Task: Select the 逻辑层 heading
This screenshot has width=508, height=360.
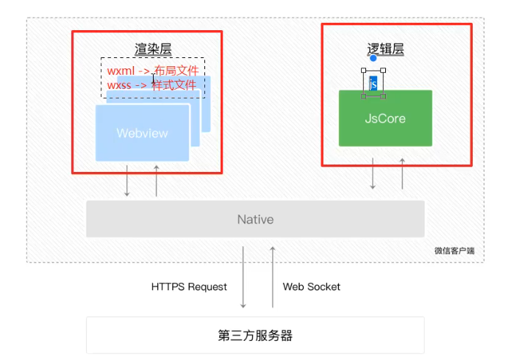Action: click(385, 49)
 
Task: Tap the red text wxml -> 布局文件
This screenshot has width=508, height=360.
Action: click(152, 71)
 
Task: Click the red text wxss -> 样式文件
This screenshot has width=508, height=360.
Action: click(152, 85)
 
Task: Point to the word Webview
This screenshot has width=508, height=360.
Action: click(142, 133)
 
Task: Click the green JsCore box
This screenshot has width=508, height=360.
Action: click(384, 118)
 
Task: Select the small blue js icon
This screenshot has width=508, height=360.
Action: click(373, 84)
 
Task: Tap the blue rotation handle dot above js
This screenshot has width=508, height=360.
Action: click(373, 58)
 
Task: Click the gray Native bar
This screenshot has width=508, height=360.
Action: click(255, 219)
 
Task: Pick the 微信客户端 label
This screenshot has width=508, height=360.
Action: click(454, 251)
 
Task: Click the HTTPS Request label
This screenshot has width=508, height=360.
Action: click(189, 287)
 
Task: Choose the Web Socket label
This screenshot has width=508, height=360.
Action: click(312, 287)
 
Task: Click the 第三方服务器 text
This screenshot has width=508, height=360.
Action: click(255, 336)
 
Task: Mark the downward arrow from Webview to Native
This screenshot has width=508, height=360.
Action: click(127, 181)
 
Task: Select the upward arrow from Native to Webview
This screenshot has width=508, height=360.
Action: click(157, 181)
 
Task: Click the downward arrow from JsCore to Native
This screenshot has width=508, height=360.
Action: click(373, 173)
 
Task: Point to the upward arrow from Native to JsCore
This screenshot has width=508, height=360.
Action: click(402, 173)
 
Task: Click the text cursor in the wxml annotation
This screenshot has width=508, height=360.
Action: click(153, 78)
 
